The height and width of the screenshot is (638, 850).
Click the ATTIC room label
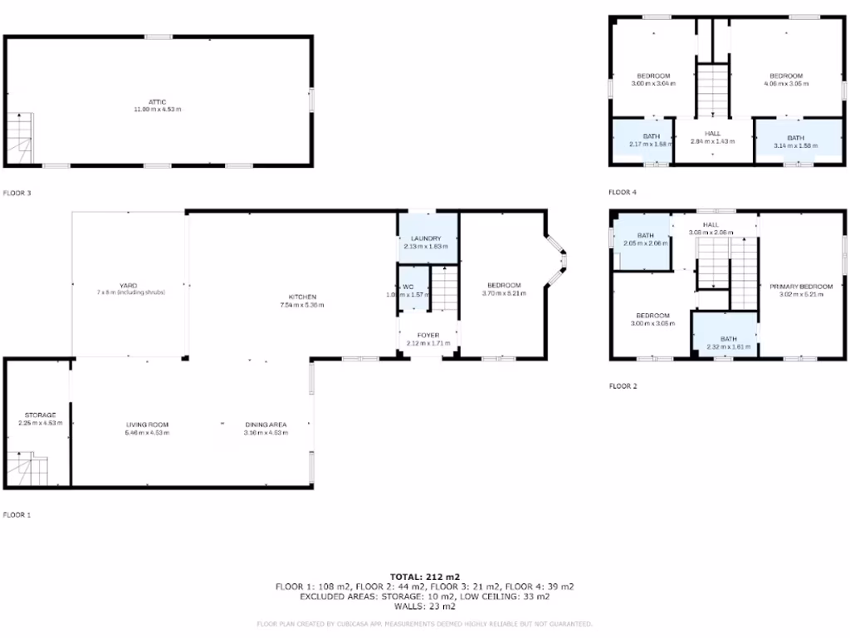[x=158, y=101]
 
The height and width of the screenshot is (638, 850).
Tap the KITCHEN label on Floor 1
[x=301, y=297]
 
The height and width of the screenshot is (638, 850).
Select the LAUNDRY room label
[x=427, y=238]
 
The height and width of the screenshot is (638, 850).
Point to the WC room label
[x=408, y=287]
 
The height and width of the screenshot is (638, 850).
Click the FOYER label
[x=427, y=335]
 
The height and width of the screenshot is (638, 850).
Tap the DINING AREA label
[x=265, y=425]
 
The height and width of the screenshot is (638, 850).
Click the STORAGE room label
[x=39, y=415]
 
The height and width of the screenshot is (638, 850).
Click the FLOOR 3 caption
[x=17, y=193]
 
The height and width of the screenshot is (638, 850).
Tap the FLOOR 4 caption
[x=623, y=193]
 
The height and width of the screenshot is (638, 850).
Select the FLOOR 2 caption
[x=623, y=385]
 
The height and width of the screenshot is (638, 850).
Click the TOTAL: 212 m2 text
[x=424, y=576]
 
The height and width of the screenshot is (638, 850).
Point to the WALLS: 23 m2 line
[x=424, y=606]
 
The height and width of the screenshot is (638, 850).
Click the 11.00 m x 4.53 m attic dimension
[x=158, y=110]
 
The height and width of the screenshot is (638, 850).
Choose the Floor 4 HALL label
[x=712, y=133]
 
